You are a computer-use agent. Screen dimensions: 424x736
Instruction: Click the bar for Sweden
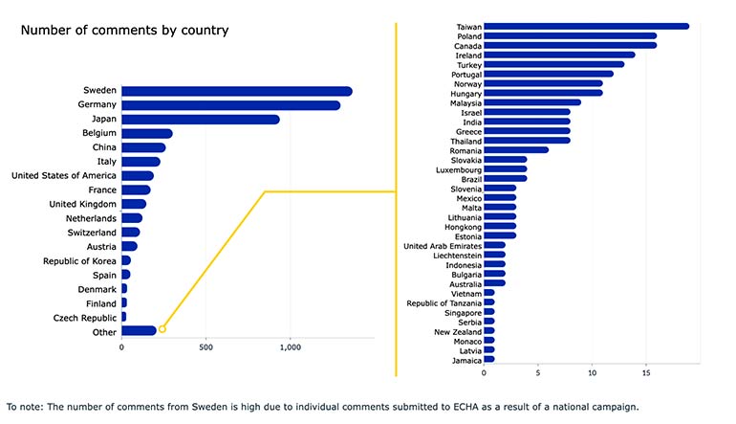point(236,91)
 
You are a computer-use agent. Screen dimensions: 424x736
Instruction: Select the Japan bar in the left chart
point(200,120)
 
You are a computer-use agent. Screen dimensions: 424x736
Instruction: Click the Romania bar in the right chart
point(516,149)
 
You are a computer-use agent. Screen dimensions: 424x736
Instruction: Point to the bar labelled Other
point(139,331)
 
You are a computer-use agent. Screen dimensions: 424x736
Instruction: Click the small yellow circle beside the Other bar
point(162,329)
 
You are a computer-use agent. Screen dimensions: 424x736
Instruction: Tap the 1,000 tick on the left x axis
point(291,347)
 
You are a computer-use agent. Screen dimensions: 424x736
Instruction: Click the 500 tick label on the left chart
point(206,347)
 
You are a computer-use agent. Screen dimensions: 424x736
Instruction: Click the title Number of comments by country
point(124,31)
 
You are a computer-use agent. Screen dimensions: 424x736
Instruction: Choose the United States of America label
point(64,176)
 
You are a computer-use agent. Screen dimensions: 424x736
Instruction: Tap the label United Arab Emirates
point(442,245)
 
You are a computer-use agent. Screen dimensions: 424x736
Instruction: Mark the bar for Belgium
point(146,134)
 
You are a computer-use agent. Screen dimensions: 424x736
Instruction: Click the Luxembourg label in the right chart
point(457,168)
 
